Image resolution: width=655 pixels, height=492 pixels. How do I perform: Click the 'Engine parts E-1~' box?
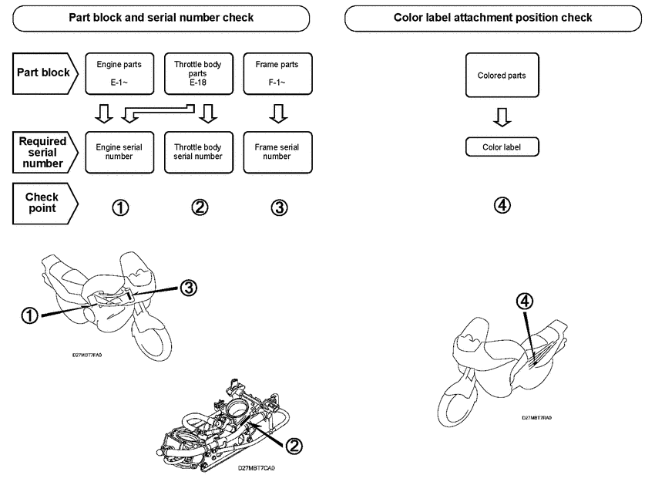pyautogui.click(x=119, y=73)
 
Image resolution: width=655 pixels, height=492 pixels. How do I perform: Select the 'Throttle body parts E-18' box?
pyautogui.click(x=197, y=73)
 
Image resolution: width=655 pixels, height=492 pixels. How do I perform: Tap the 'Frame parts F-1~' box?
pyautogui.click(x=277, y=73)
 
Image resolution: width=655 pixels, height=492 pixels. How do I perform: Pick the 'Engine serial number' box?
pyautogui.click(x=119, y=151)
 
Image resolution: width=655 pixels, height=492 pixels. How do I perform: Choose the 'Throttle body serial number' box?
pyautogui.click(x=197, y=151)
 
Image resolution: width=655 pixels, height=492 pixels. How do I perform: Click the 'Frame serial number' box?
pyautogui.click(x=277, y=151)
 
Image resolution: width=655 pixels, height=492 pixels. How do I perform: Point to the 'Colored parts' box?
pyautogui.click(x=502, y=76)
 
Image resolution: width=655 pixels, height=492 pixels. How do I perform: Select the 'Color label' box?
pyautogui.click(x=502, y=147)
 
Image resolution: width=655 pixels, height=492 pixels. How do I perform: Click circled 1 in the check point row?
pyautogui.click(x=120, y=207)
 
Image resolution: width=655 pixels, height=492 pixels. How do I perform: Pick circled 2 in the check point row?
pyautogui.click(x=200, y=207)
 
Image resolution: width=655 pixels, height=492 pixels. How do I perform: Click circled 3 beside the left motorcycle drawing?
pyautogui.click(x=189, y=288)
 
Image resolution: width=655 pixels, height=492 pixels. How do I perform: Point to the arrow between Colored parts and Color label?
pyautogui.click(x=502, y=116)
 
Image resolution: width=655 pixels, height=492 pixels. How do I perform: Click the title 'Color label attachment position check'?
pyautogui.click(x=493, y=17)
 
